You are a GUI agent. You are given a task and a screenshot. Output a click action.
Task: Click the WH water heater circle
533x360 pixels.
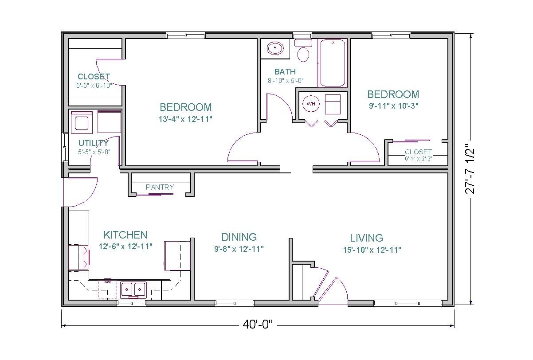tap(311, 104)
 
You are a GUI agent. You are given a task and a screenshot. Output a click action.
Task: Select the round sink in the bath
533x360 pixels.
tap(275, 48)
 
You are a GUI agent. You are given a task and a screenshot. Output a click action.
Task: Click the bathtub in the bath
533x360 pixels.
tap(333, 63)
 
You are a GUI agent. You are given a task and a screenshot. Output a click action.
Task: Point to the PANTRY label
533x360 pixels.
tap(160, 188)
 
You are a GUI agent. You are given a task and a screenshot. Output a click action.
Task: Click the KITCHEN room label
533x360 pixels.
tap(125, 235)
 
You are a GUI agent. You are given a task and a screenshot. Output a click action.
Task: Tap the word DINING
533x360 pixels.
tap(239, 237)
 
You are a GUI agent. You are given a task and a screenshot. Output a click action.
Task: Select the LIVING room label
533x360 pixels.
tap(366, 238)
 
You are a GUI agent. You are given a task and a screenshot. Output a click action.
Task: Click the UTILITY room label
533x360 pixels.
tap(93, 143)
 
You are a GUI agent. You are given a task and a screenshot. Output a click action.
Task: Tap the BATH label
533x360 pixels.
tap(285, 71)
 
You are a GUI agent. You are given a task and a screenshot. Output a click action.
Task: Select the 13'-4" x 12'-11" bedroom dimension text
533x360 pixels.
tap(185, 119)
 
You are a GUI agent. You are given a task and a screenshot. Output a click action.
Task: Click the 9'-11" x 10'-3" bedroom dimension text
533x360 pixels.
tap(392, 106)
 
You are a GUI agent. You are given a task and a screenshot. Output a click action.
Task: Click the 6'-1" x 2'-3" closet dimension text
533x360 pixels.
tap(418, 158)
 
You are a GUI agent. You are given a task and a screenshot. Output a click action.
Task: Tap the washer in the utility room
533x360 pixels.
tap(82, 122)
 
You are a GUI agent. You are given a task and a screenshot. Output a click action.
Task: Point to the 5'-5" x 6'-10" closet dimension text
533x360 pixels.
tap(94, 85)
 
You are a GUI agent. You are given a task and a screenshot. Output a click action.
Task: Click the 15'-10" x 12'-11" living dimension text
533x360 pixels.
tap(372, 250)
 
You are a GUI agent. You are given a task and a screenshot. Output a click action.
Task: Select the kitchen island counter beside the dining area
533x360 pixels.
tap(177, 255)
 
